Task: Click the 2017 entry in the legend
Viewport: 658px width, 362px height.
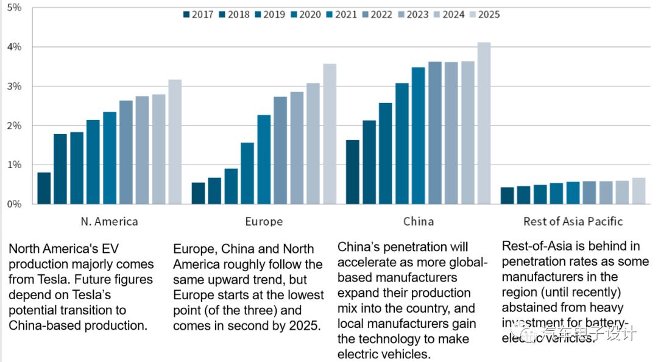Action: click(x=198, y=14)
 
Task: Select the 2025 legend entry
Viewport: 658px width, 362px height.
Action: click(x=484, y=14)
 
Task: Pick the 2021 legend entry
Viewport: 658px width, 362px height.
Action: click(x=341, y=14)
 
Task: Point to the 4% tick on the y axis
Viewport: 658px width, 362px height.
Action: click(x=14, y=47)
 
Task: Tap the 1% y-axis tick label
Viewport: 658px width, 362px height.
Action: click(x=14, y=165)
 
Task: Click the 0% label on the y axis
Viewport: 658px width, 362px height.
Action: click(x=14, y=204)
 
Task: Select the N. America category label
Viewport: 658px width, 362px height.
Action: click(x=109, y=221)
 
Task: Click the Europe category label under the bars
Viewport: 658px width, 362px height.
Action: click(x=264, y=221)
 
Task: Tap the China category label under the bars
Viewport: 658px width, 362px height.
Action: click(x=419, y=221)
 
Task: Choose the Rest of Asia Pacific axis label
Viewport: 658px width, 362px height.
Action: click(x=573, y=221)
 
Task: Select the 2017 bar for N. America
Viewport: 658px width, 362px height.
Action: click(x=44, y=188)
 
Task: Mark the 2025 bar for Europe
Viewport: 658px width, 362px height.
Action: click(x=329, y=134)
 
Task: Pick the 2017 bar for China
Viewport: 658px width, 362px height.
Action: click(x=353, y=172)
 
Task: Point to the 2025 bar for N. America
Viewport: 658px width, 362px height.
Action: click(x=175, y=142)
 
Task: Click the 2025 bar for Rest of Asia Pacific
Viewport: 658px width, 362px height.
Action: click(x=639, y=191)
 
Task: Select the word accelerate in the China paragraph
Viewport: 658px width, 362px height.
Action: click(x=365, y=262)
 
